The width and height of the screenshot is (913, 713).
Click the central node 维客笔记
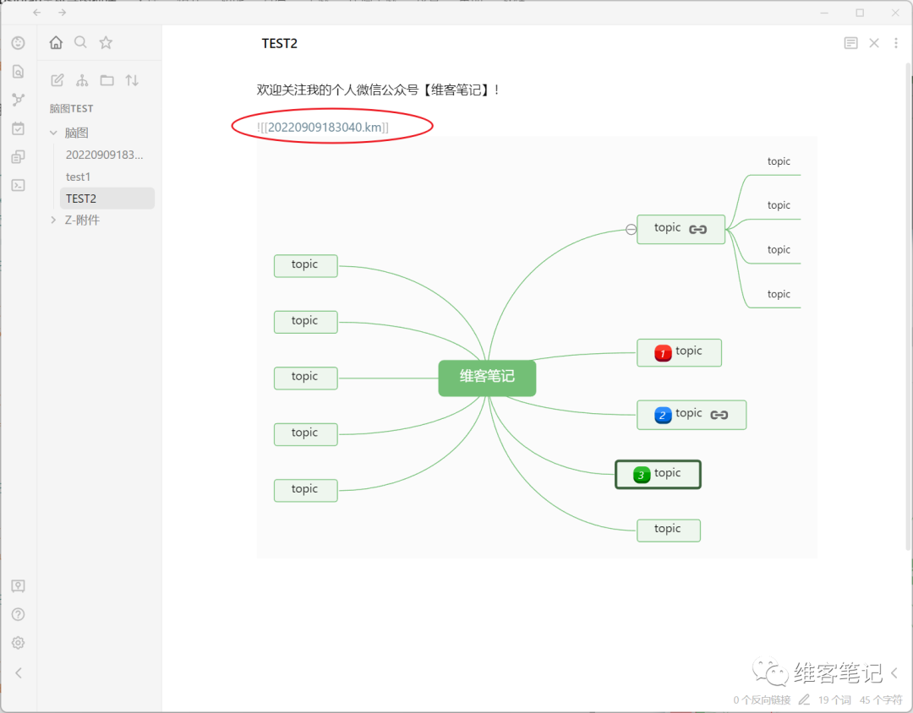(487, 378)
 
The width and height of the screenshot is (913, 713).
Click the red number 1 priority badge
(663, 353)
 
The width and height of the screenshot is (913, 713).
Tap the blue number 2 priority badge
(663, 415)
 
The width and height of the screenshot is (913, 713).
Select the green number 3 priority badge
(641, 475)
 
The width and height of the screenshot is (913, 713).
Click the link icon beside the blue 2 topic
(719, 415)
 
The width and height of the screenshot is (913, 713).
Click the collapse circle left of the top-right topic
(631, 229)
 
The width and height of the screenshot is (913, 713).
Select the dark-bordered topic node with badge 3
(658, 475)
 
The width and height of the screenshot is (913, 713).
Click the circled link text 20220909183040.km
(324, 127)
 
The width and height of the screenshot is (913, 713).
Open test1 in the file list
(78, 177)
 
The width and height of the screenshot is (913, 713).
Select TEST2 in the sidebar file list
(81, 199)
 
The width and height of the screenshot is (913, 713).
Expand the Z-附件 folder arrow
(53, 220)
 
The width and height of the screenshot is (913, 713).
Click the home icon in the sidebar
(56, 42)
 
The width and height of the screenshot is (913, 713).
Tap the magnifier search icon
(80, 42)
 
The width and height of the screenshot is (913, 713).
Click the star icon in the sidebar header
(106, 42)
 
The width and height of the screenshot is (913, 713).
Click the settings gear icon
(18, 643)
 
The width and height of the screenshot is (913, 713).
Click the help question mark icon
(18, 614)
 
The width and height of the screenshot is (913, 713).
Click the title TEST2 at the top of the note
(280, 44)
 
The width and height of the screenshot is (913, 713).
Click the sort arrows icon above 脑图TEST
(132, 80)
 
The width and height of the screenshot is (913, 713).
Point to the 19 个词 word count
(834, 699)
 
